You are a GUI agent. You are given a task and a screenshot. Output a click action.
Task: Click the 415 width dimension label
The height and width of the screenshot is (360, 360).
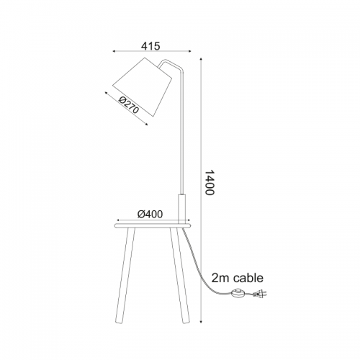150,46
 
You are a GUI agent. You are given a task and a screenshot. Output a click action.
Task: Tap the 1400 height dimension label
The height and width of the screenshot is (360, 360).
210,182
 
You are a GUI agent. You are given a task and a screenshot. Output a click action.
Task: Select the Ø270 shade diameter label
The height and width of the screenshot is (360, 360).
129,105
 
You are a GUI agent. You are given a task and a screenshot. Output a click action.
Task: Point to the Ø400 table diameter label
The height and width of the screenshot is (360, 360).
150,214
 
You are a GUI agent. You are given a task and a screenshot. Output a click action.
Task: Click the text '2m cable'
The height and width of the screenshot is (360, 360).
237,278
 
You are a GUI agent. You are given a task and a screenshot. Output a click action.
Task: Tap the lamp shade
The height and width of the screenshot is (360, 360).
143,87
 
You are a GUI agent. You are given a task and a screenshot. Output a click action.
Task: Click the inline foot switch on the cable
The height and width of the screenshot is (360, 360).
238,293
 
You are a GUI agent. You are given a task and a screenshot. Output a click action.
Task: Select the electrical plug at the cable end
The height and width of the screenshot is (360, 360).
260,293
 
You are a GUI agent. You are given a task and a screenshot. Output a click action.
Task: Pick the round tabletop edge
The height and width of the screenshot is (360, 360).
152,225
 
